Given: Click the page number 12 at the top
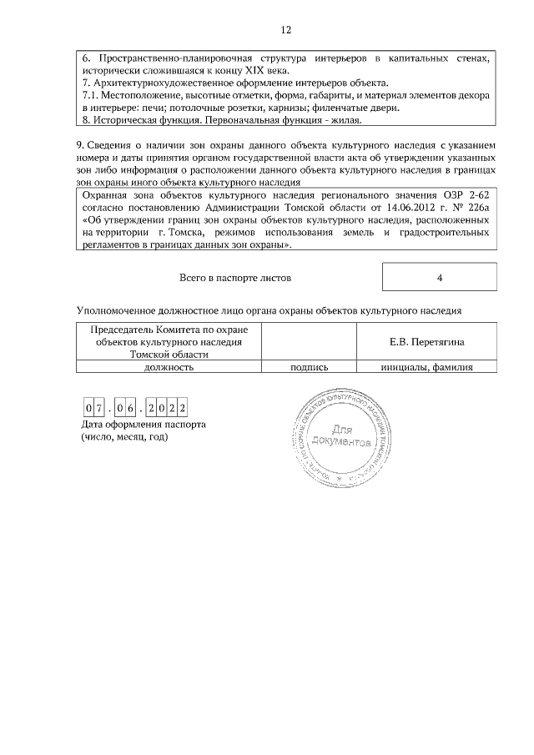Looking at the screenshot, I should coord(286,30).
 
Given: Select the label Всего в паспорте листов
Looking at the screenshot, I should coord(236,277).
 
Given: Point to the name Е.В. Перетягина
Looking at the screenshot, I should coord(427,342).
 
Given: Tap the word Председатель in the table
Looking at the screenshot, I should coord(122,330).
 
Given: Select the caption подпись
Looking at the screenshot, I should coord(309,366).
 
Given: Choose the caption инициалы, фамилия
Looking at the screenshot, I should coord(426,366).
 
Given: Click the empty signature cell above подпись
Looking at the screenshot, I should coord(309,342).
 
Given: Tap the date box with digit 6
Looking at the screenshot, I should coord(131,408).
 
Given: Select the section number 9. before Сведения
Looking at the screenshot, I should coord(80,144).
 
